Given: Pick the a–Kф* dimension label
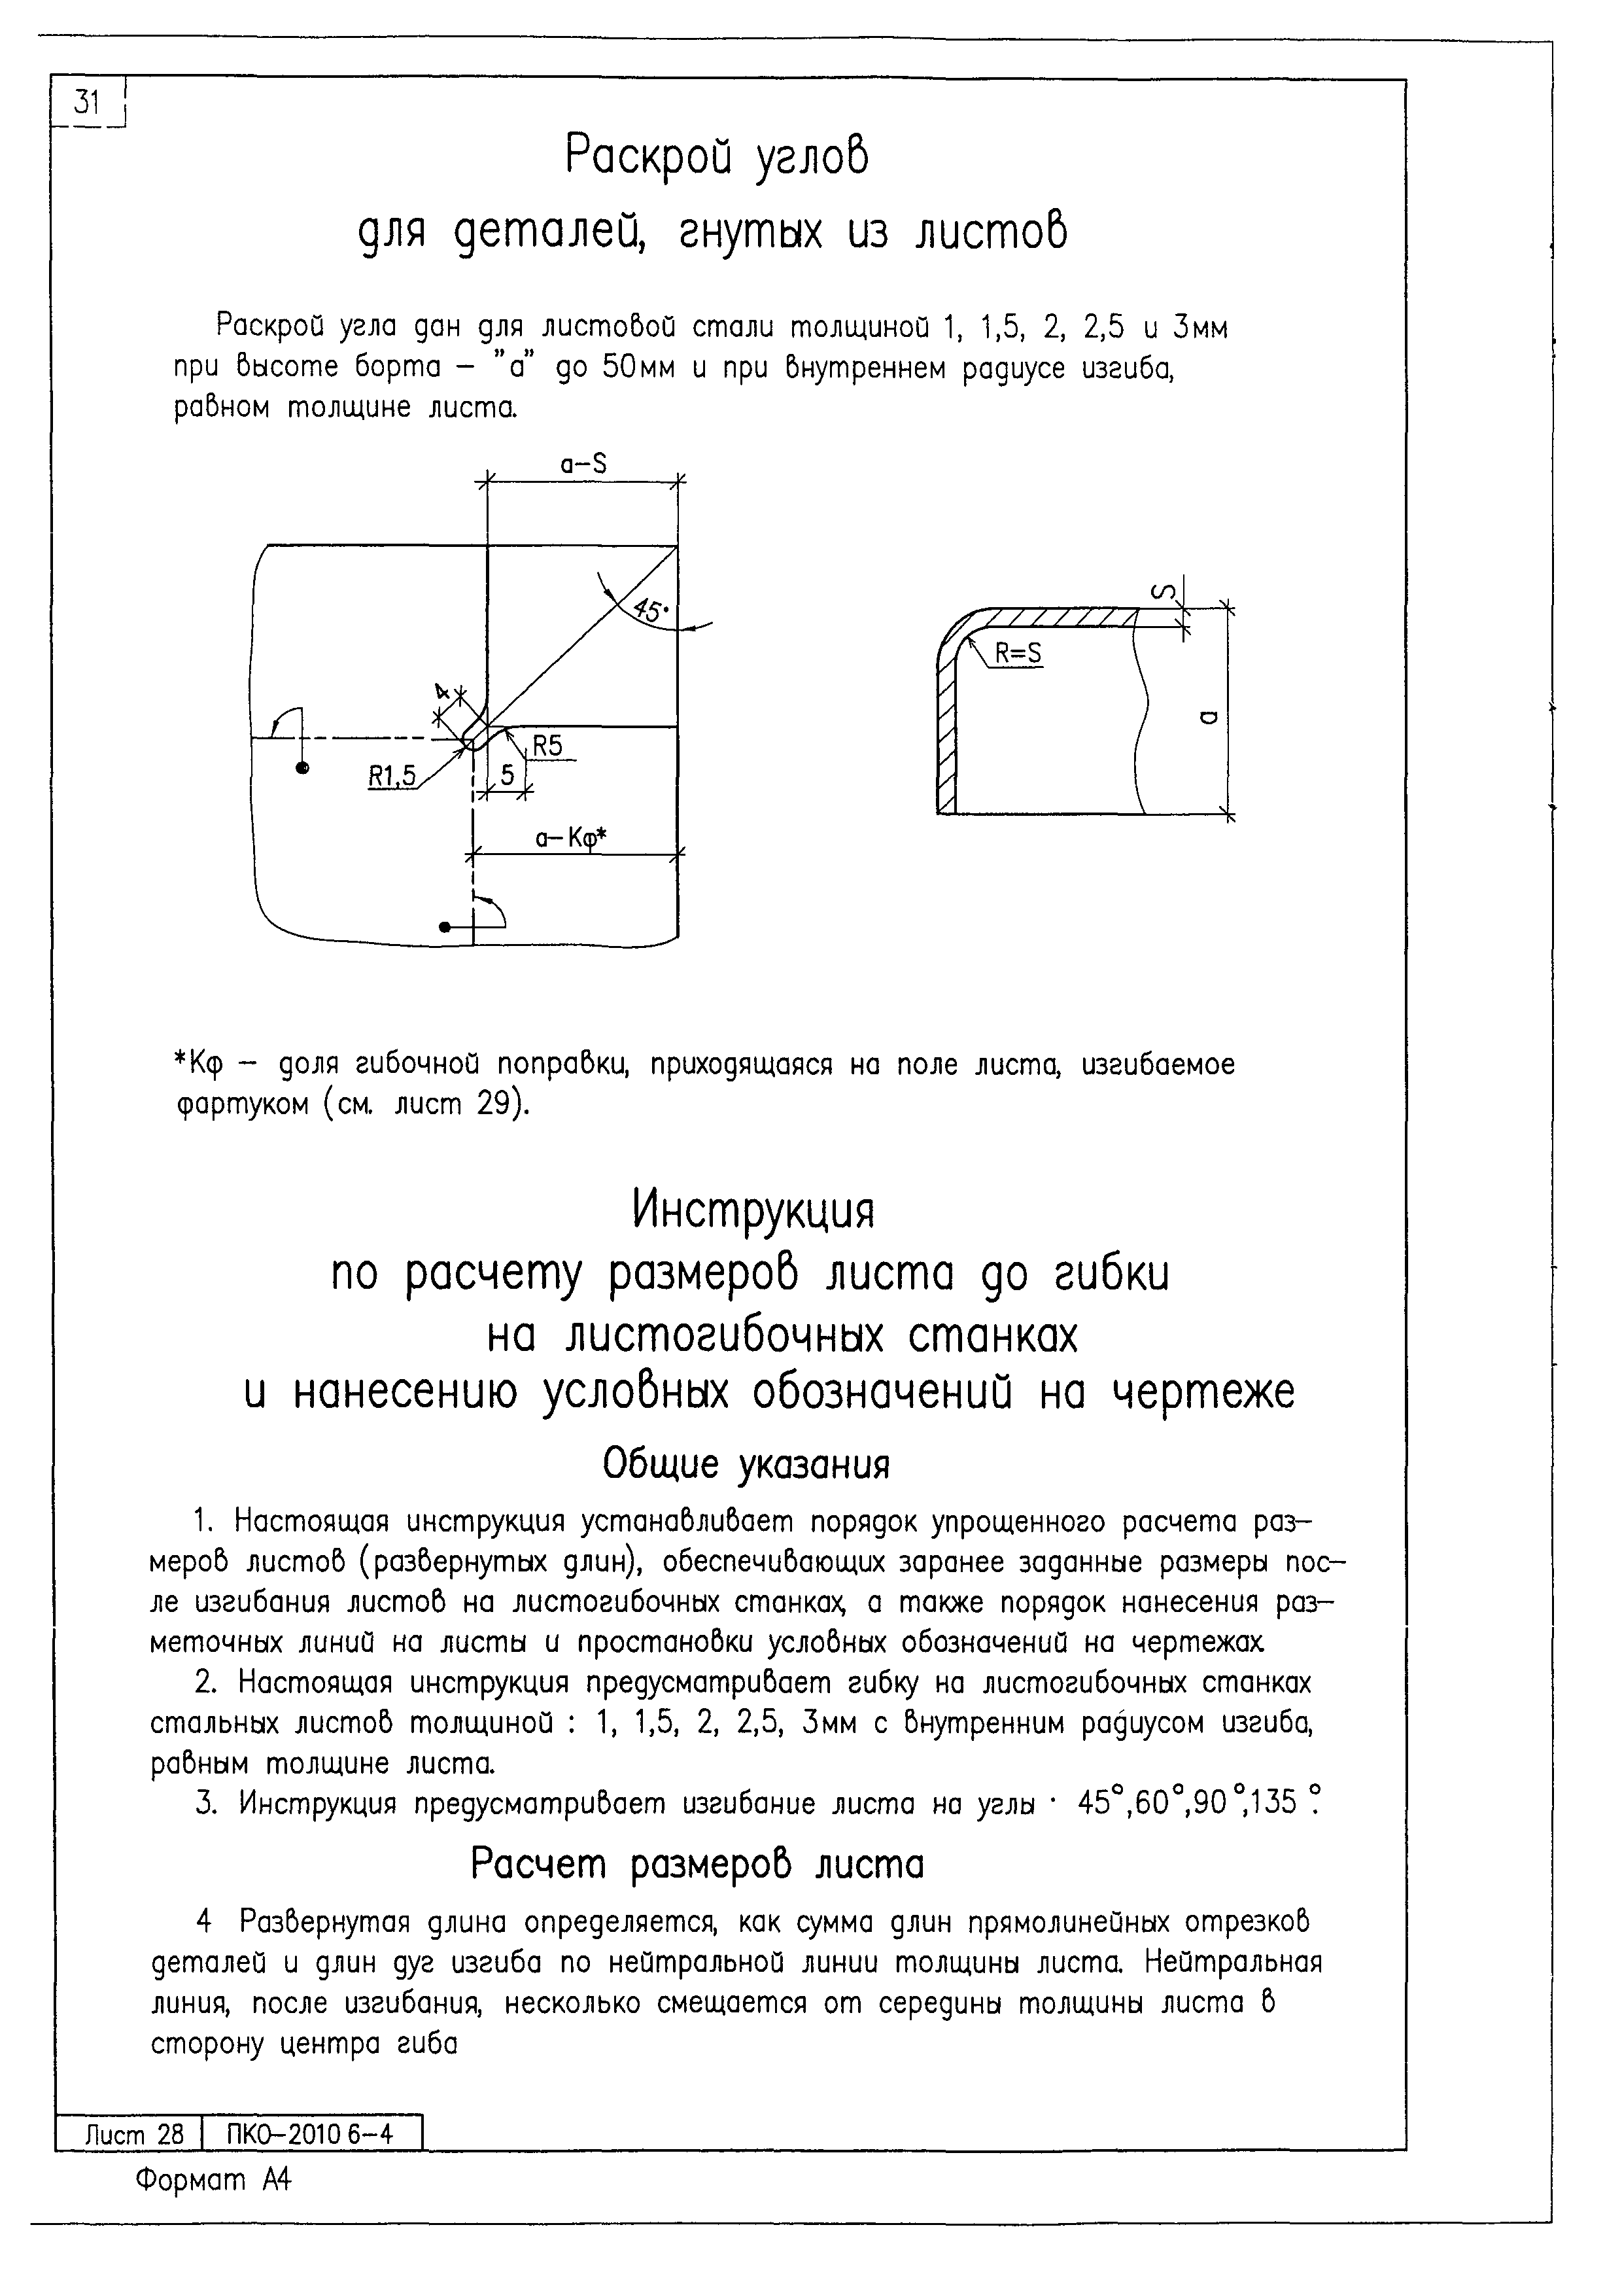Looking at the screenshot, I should click(571, 839).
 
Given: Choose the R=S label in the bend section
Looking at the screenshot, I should click(1018, 653).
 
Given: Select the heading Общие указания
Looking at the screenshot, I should click(746, 1465).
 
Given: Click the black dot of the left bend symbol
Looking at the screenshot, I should click(303, 767).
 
